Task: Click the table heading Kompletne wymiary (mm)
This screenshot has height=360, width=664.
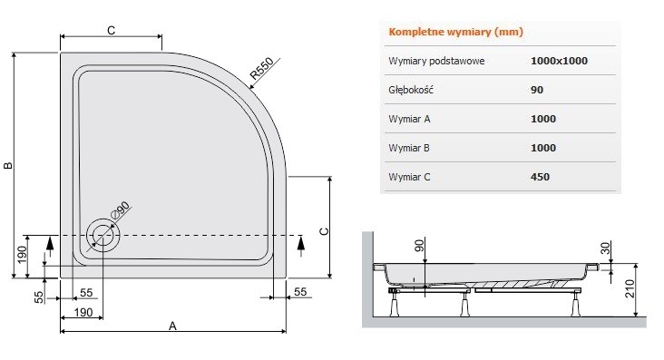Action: click(455, 33)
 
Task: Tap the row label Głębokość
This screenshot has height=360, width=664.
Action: click(413, 90)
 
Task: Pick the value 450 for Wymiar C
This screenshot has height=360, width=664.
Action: click(540, 177)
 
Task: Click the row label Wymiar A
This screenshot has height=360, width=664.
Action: click(408, 119)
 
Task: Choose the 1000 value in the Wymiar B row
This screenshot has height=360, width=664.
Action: click(542, 148)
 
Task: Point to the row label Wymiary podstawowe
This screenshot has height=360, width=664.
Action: click(436, 61)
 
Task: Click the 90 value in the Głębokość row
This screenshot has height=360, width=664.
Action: click(536, 90)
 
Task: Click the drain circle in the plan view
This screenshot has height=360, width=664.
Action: click(103, 236)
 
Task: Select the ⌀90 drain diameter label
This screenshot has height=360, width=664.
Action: click(121, 210)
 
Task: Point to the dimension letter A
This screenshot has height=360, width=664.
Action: click(172, 326)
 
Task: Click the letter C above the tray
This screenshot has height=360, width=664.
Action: click(110, 31)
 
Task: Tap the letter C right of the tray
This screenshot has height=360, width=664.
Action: click(322, 230)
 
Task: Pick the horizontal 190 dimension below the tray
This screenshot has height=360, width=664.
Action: click(82, 313)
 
